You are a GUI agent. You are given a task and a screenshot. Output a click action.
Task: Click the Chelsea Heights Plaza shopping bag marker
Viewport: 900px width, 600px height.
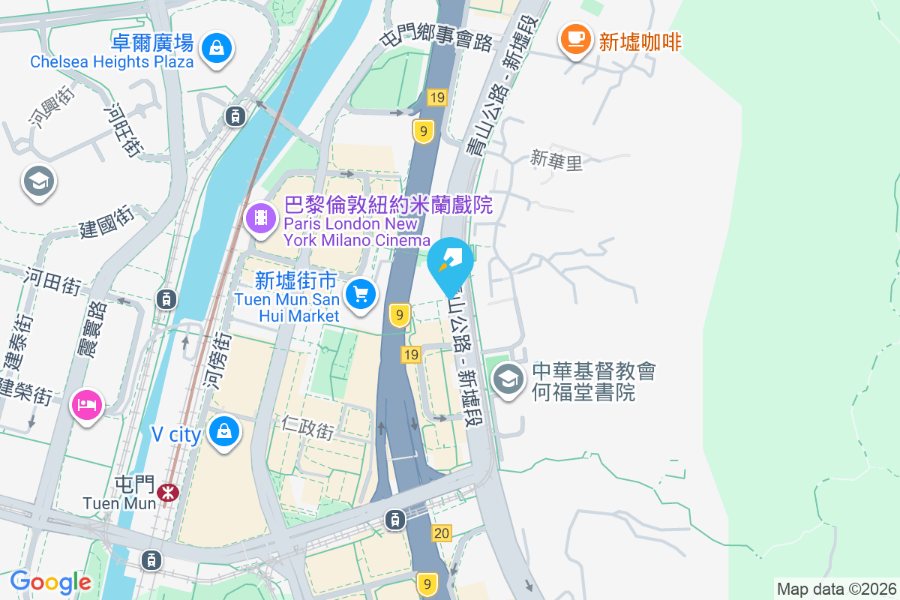(x=216, y=48)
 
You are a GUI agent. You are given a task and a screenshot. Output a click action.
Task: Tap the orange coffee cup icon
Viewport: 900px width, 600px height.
(x=575, y=37)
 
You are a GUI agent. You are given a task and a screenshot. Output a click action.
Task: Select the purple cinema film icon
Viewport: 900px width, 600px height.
(x=259, y=218)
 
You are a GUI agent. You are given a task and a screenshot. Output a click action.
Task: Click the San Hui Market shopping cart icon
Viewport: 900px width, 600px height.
(x=361, y=293)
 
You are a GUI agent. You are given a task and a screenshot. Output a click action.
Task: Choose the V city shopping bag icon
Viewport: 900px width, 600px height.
(x=223, y=431)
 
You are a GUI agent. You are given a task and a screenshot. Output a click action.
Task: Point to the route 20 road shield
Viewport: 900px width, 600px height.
(x=442, y=533)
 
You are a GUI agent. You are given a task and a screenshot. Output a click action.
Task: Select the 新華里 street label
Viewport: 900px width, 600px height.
(x=556, y=160)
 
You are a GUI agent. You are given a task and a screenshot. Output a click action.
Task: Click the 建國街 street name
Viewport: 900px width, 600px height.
(x=107, y=222)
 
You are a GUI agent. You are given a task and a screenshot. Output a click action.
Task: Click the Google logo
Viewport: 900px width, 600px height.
(x=50, y=581)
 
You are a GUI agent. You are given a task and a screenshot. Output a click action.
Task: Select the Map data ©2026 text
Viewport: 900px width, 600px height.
(x=835, y=589)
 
